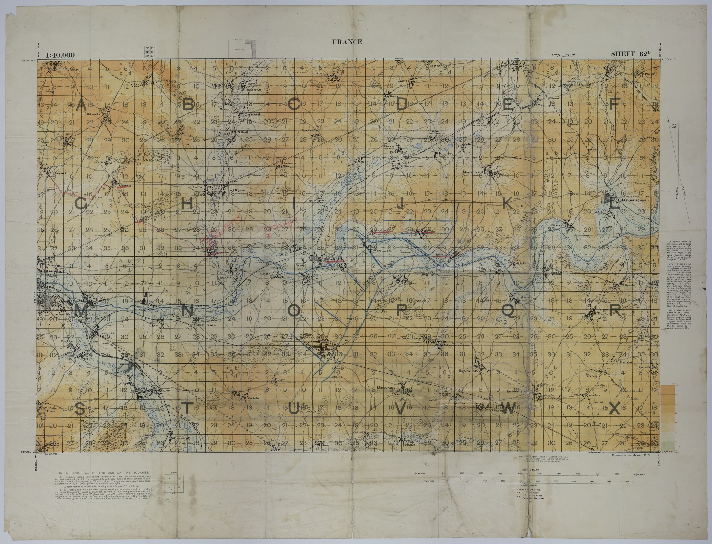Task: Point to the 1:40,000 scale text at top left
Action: coord(61,55)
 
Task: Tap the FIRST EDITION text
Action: coord(563,55)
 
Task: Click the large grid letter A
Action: coord(81,105)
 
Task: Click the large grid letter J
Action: coord(401,204)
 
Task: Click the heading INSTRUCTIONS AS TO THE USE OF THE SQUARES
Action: coord(104,473)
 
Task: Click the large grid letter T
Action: coord(187,408)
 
